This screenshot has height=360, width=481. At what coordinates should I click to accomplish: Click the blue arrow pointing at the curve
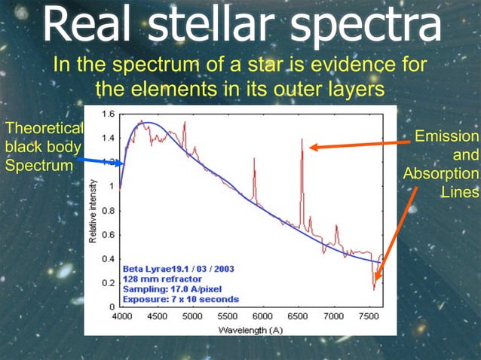coord(98,161)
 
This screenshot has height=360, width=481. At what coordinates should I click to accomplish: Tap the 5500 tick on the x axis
coord(227,317)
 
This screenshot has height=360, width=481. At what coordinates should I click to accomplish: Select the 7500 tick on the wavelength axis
coord(369,317)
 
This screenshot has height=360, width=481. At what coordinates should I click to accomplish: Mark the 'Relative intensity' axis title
coord(93,211)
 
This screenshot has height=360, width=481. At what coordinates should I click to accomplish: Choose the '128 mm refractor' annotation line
coord(161,278)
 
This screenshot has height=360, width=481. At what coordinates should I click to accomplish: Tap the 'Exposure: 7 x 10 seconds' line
coord(180,299)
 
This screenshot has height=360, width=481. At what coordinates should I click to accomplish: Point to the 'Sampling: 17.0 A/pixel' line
coord(172,288)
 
